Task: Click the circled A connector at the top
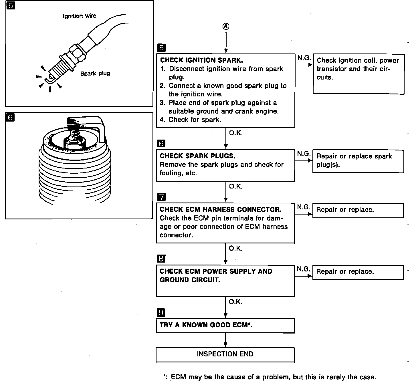click(226, 27)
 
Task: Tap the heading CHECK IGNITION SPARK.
click(201, 60)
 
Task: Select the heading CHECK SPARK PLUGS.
click(197, 156)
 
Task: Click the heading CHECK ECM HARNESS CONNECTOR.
click(221, 210)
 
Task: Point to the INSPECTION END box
click(225, 354)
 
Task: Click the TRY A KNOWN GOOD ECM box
click(225, 325)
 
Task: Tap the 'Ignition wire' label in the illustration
click(80, 16)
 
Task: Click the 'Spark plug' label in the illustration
click(95, 74)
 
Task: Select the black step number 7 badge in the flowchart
click(161, 197)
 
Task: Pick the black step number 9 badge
click(161, 312)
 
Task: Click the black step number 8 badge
click(161, 259)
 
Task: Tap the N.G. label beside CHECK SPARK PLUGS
click(304, 154)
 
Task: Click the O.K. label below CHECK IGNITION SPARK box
click(236, 133)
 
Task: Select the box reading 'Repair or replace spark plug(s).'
click(358, 161)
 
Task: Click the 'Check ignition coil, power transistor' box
click(358, 74)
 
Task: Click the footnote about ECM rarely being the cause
click(269, 377)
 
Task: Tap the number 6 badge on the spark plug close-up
click(10, 118)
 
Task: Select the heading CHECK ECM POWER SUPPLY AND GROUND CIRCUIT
click(216, 276)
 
